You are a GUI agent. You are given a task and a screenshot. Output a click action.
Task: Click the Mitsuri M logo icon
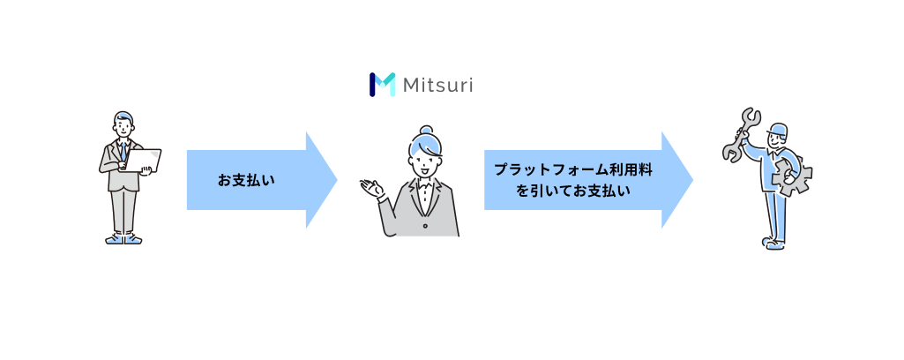382,85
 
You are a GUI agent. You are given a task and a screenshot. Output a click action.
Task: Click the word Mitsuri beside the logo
437,86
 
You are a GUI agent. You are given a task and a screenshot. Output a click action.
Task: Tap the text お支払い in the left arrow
246,180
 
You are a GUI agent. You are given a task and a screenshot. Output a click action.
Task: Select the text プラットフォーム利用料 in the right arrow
573,169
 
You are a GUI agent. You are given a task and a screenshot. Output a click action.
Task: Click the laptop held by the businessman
142,160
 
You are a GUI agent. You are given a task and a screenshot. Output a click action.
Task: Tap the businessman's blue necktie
123,151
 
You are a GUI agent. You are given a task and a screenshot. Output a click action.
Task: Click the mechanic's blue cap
777,129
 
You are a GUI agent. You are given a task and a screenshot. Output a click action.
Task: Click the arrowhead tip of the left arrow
337,180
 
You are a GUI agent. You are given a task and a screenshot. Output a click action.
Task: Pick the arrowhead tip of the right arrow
693,180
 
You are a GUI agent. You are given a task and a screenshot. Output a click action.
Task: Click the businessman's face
123,127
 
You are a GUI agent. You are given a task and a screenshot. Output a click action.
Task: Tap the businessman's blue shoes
123,239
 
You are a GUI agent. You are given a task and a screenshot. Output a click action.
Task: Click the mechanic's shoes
773,243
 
